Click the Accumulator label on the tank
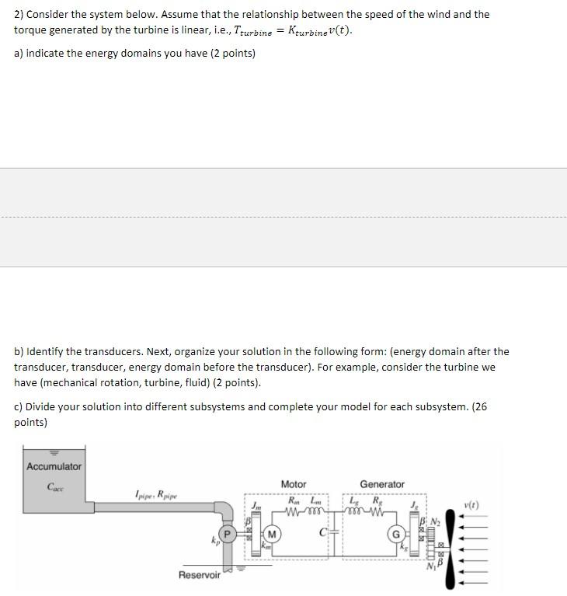pyautogui.click(x=54, y=466)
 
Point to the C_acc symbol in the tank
pyautogui.click(x=55, y=487)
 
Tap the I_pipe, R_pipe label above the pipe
pyautogui.click(x=155, y=493)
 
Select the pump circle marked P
pyautogui.click(x=228, y=535)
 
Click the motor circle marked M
pyautogui.click(x=273, y=535)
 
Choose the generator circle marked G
pyautogui.click(x=395, y=535)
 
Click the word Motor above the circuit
pyautogui.click(x=293, y=484)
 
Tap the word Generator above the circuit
pyautogui.click(x=381, y=484)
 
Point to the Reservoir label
pyautogui.click(x=199, y=575)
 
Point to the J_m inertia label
pyautogui.click(x=256, y=505)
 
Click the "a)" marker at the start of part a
pyautogui.click(x=19, y=53)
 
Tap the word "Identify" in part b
pyautogui.click(x=46, y=351)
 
